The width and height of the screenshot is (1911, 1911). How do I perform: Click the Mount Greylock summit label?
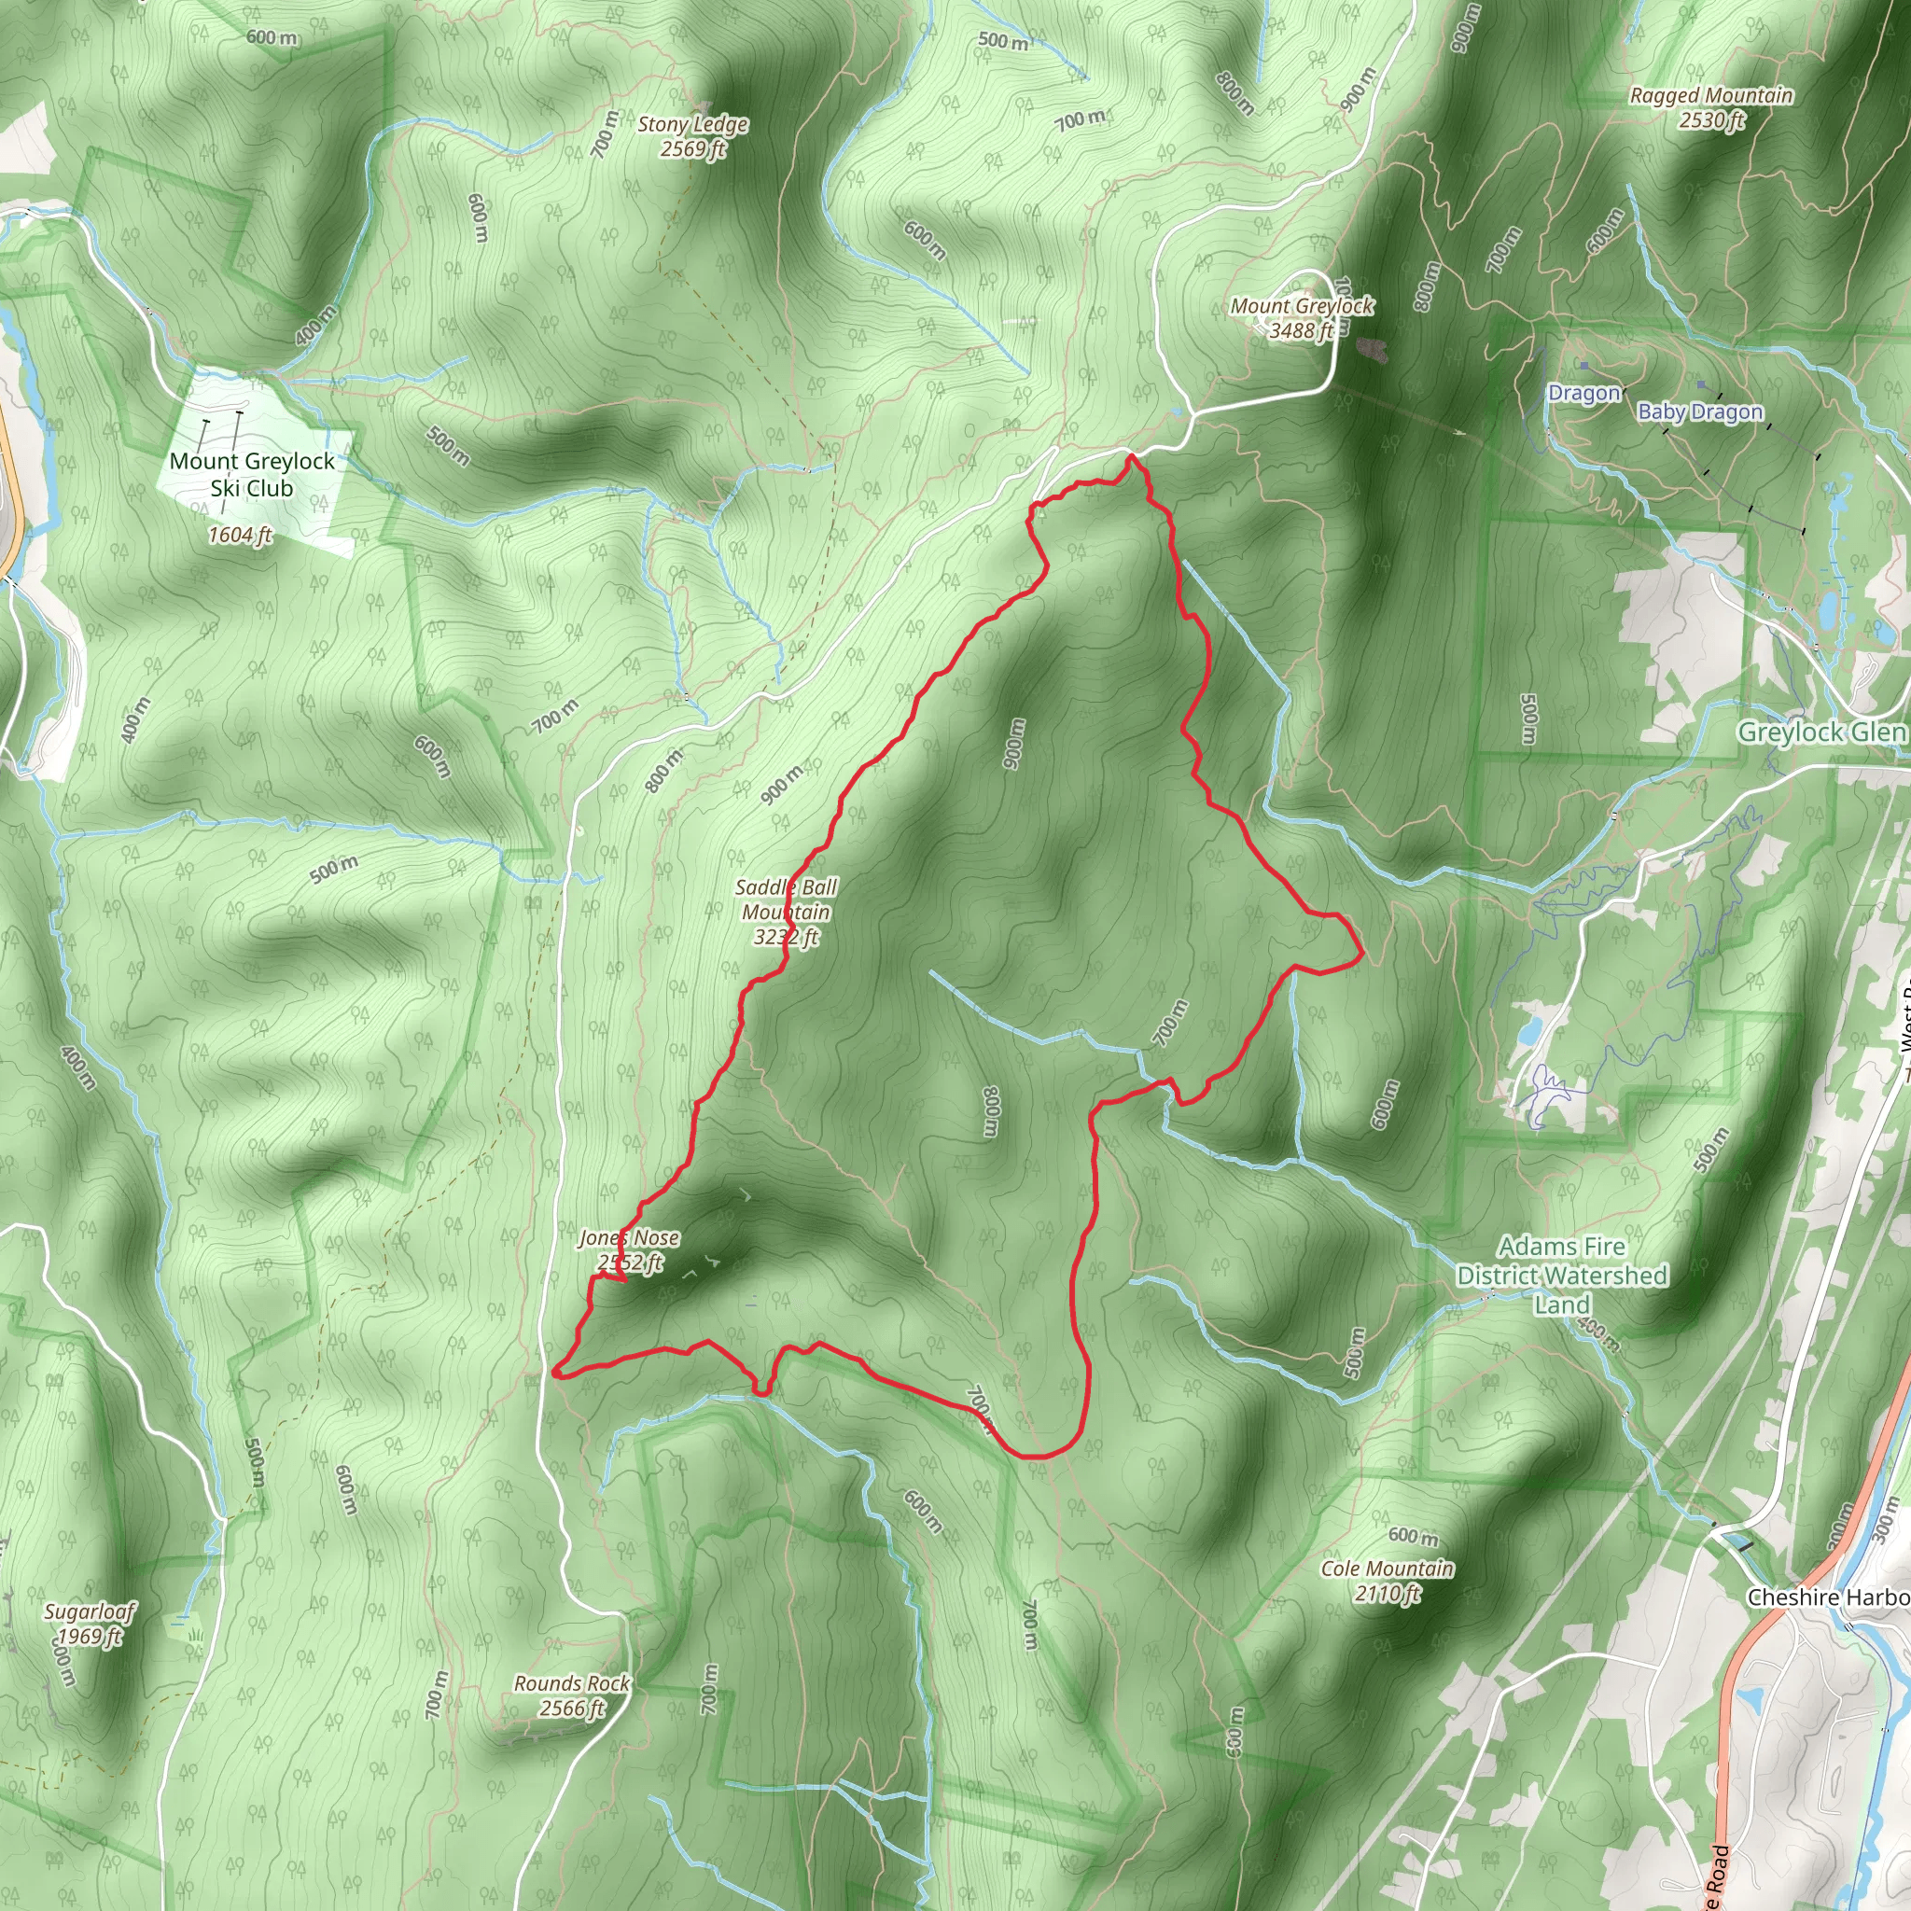[x=1301, y=307]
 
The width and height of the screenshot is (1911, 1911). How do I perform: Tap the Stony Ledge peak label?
[x=692, y=125]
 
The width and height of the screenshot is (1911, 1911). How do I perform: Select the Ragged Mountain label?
[x=1711, y=96]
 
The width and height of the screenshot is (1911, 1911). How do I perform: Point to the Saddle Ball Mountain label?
[x=787, y=900]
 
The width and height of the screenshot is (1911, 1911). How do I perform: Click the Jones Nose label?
[x=629, y=1237]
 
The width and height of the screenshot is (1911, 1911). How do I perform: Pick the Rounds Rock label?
[x=572, y=1683]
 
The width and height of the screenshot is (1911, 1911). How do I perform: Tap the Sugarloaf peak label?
[x=90, y=1611]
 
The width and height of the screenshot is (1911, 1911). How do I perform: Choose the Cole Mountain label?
[x=1388, y=1568]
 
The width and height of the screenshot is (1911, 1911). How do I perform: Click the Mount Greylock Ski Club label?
[x=251, y=474]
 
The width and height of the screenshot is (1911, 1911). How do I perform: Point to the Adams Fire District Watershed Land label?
[x=1562, y=1275]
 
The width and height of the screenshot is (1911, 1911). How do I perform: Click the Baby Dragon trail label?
[x=1700, y=411]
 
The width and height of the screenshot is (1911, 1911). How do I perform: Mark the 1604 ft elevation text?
[x=240, y=535]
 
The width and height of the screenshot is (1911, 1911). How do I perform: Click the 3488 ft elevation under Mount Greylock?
[x=1301, y=330]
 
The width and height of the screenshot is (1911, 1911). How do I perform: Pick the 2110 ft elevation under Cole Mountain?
[x=1388, y=1593]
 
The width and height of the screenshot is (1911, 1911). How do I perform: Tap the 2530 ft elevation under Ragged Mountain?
[x=1711, y=120]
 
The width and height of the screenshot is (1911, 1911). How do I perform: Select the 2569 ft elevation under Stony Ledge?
[x=692, y=149]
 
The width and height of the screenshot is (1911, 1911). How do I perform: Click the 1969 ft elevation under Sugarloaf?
[x=90, y=1636]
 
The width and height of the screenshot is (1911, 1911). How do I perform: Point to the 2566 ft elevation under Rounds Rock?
[x=572, y=1709]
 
